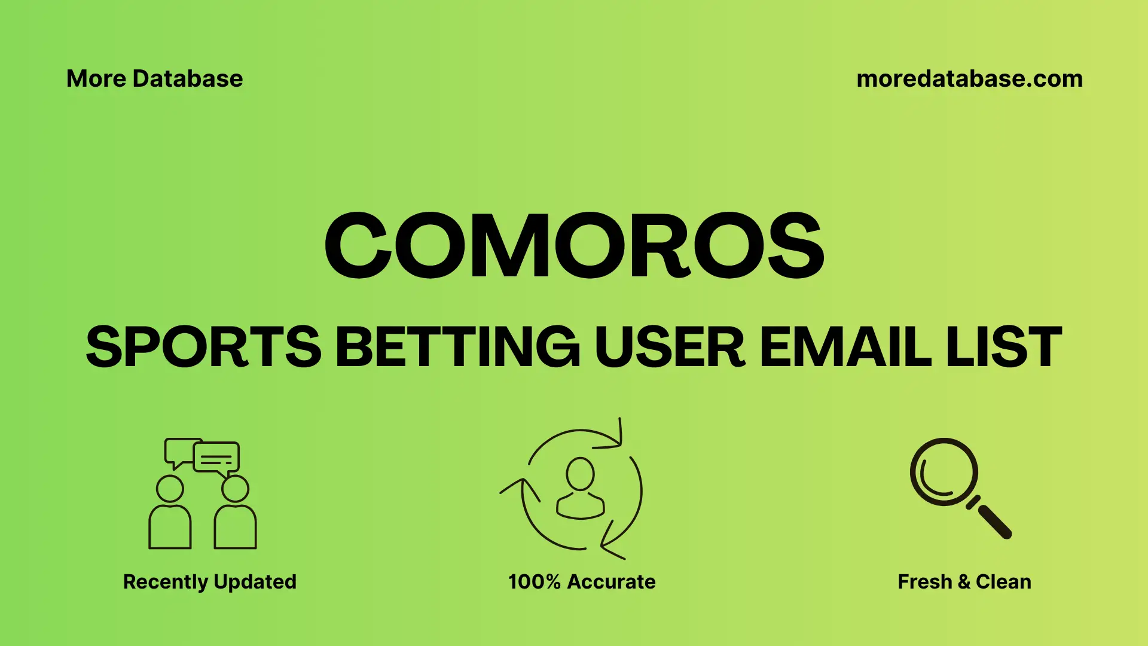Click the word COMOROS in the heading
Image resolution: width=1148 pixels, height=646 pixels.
click(x=574, y=245)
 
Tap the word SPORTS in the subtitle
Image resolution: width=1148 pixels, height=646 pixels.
click(x=203, y=347)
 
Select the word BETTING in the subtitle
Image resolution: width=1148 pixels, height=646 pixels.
click(x=457, y=347)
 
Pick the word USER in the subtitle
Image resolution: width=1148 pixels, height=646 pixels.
click(x=670, y=347)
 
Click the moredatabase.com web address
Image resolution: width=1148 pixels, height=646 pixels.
click(x=969, y=79)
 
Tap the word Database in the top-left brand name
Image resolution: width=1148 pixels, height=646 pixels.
click(x=188, y=79)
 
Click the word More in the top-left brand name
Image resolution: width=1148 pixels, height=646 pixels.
click(x=96, y=79)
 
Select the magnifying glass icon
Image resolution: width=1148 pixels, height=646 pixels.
click(x=945, y=473)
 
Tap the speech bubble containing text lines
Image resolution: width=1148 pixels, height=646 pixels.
click(x=216, y=458)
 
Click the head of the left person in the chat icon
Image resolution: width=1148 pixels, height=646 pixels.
click(x=170, y=489)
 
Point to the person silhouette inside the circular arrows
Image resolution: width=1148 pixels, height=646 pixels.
click(x=580, y=487)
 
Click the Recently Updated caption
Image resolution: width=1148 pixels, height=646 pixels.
click(x=210, y=581)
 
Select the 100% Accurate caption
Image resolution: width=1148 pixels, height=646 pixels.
click(x=582, y=581)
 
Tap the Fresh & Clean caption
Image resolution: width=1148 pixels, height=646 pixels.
click(x=964, y=581)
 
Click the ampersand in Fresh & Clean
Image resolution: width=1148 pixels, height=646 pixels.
click(x=964, y=582)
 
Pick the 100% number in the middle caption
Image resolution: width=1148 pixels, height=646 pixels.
click(x=534, y=581)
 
